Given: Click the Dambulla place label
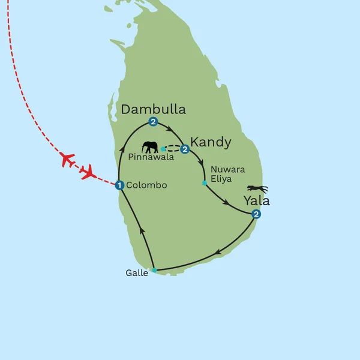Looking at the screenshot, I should click(153, 109).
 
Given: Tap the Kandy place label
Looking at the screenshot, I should click(211, 142).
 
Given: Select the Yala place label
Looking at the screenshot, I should click(256, 200).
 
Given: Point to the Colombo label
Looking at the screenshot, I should click(147, 185).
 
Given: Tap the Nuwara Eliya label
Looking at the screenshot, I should click(228, 174).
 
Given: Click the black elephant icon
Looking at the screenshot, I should click(150, 146).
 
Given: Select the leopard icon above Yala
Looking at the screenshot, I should click(257, 188).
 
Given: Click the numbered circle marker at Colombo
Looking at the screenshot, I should click(120, 185).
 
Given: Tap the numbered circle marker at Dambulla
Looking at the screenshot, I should click(153, 122).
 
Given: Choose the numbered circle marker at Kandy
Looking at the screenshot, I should click(185, 149).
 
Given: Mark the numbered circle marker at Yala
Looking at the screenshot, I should click(256, 215).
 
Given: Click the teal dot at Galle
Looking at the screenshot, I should click(154, 271).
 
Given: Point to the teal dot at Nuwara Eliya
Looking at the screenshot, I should click(205, 182).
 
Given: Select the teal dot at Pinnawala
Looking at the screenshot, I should click(163, 148).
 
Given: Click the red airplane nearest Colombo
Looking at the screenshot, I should click(88, 173).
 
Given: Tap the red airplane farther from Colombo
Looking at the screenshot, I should click(67, 160).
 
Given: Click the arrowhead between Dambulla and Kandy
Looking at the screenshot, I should click(172, 129).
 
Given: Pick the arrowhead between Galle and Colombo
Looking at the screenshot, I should click(142, 228).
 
